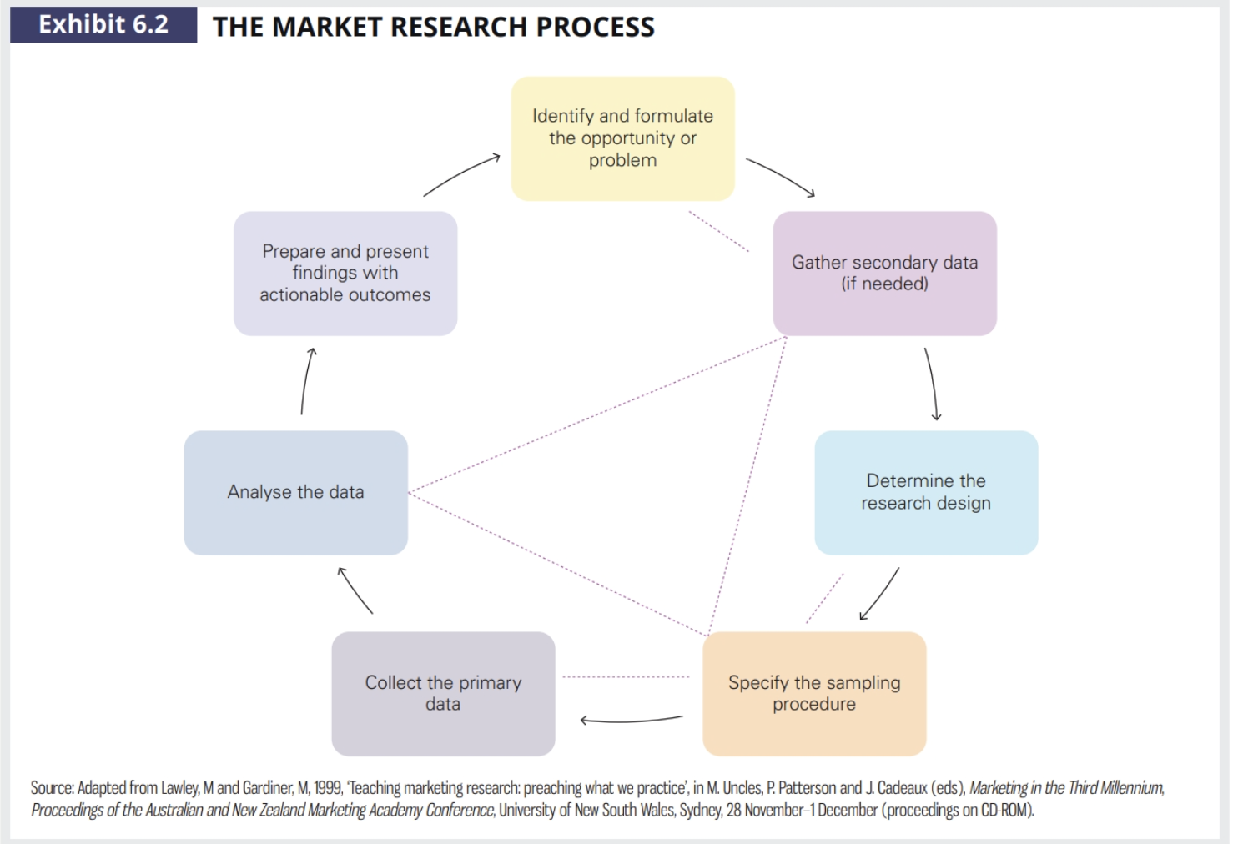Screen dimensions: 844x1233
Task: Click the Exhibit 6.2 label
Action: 103,25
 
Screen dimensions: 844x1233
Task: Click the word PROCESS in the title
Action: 595,27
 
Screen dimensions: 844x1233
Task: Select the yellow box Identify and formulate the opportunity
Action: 622,138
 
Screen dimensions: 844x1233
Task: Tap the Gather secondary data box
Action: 884,273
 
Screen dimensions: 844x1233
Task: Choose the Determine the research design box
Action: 926,492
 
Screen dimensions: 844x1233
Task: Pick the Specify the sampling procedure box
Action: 814,693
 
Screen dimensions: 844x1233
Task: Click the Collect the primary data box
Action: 443,693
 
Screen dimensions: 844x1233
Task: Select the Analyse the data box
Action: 295,492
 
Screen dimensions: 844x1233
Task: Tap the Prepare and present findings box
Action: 345,273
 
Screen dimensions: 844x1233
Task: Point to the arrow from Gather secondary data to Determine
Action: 932,384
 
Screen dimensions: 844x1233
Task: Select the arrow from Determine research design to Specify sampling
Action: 881,594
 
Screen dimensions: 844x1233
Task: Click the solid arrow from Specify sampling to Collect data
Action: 632,721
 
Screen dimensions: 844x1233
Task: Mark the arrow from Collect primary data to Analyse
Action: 355,591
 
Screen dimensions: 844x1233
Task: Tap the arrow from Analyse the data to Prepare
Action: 306,381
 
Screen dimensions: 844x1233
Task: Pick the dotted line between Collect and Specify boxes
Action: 626,676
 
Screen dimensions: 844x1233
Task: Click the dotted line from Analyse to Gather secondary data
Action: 596,414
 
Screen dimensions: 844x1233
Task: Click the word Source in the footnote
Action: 52,788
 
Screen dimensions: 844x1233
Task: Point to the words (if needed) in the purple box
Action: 884,284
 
